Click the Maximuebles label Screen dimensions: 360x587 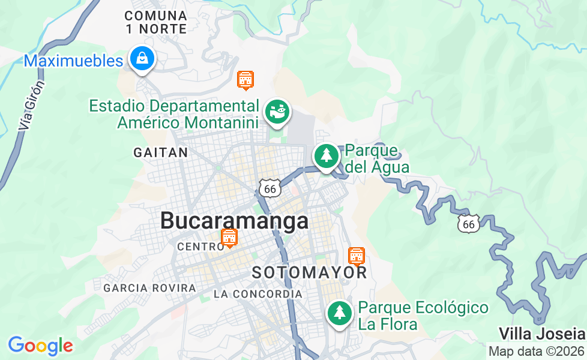click(x=73, y=61)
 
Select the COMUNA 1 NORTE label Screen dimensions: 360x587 click(x=155, y=22)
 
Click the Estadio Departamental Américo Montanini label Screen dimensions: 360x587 click(x=174, y=114)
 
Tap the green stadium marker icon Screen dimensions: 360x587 click(x=277, y=112)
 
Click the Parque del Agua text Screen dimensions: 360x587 click(x=377, y=158)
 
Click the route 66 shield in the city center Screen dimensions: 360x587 click(x=270, y=188)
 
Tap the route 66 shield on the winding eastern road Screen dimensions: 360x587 click(x=469, y=224)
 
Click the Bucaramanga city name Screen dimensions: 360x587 click(x=235, y=221)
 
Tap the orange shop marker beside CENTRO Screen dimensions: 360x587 click(x=229, y=238)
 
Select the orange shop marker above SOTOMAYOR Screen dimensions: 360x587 click(x=357, y=256)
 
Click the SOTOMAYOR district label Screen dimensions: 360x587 click(x=309, y=272)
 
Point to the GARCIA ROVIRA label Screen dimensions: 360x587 click(x=149, y=288)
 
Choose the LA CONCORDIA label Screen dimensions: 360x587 click(x=258, y=294)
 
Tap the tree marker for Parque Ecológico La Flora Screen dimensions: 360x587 click(x=340, y=313)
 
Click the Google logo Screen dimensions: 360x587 click(x=40, y=345)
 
